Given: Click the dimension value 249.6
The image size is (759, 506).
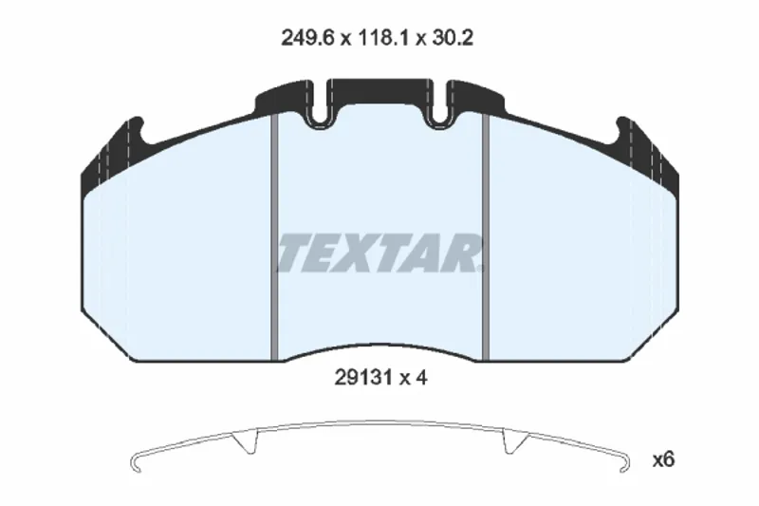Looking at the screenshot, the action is click(x=307, y=38).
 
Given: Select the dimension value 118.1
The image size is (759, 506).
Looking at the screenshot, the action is click(x=383, y=38).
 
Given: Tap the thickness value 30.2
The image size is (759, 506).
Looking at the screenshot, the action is click(x=453, y=38).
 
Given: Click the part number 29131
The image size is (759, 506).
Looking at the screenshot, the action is click(x=363, y=378).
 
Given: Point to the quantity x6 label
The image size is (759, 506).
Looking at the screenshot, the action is click(x=663, y=459).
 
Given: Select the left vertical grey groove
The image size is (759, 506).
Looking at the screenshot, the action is click(x=274, y=237).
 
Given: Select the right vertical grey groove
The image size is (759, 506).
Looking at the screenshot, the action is click(x=486, y=237).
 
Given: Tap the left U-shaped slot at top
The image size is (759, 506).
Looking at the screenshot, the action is click(x=317, y=105).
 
